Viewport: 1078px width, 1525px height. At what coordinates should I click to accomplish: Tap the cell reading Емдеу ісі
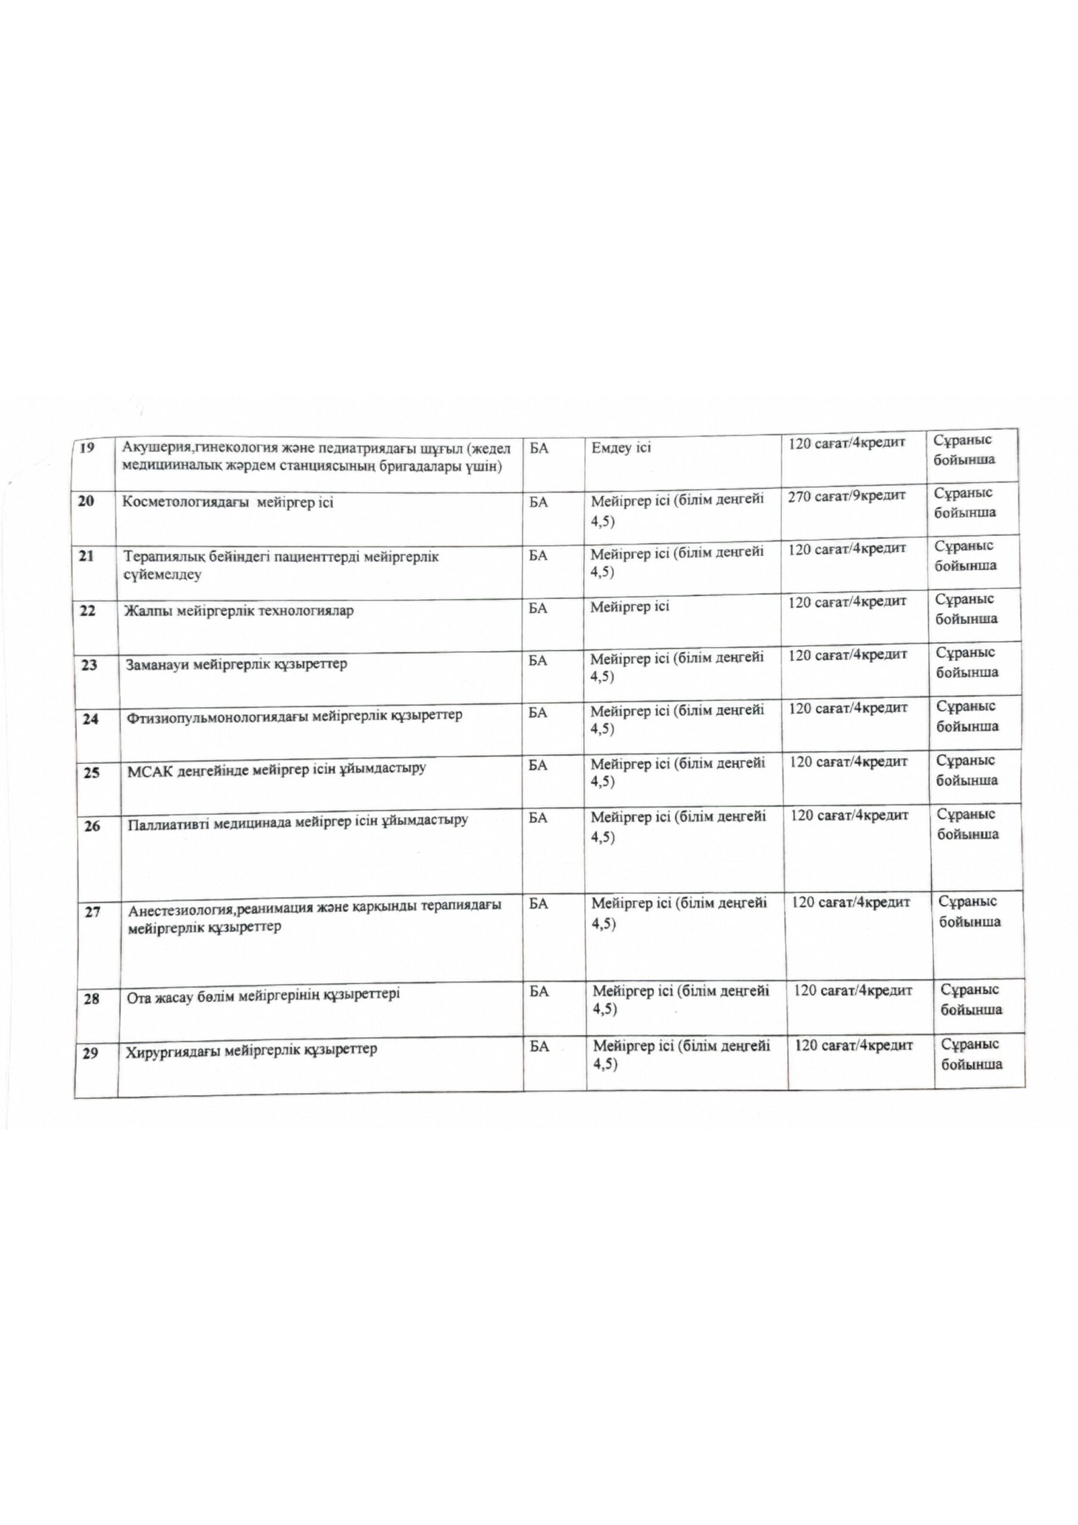pos(621,447)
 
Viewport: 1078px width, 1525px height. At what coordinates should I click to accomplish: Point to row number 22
pos(88,611)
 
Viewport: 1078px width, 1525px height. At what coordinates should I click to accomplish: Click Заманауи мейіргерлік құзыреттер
pos(236,664)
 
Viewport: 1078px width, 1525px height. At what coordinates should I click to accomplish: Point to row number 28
pos(92,998)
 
